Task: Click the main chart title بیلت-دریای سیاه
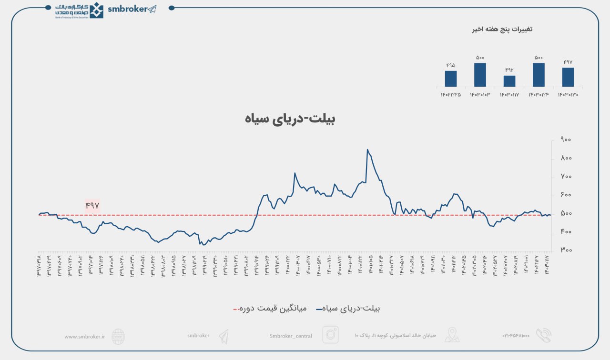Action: click(x=290, y=119)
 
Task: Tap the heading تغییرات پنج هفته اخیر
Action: click(x=502, y=30)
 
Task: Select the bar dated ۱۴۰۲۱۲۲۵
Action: click(x=451, y=79)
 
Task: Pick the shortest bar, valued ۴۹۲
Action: click(x=509, y=81)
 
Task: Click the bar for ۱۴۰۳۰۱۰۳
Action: click(x=480, y=75)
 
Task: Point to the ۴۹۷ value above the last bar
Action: click(x=568, y=62)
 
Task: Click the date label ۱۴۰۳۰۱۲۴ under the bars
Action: click(x=539, y=94)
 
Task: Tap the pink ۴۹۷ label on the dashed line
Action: click(x=92, y=205)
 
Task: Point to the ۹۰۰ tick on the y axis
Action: click(x=566, y=140)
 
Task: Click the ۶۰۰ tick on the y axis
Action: click(x=566, y=195)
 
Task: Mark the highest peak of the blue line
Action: click(x=367, y=150)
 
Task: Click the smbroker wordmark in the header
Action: click(x=128, y=9)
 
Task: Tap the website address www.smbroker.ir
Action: click(x=84, y=336)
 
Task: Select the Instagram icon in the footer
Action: click(x=330, y=335)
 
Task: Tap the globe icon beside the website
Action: click(x=118, y=336)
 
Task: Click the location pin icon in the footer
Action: click(x=452, y=335)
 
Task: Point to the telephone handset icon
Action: click(x=543, y=335)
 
